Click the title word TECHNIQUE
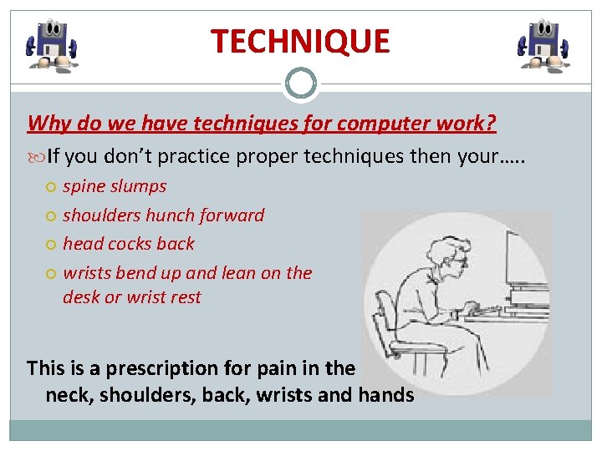point(300,41)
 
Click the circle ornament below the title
point(300,84)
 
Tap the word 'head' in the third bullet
point(83,244)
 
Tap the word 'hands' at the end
point(385,394)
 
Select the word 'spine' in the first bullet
point(87,187)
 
